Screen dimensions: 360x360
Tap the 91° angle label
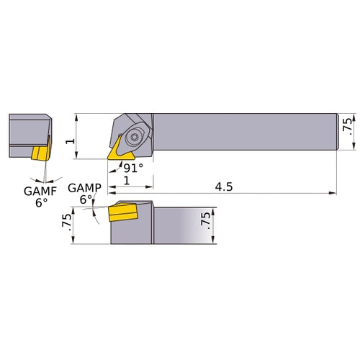132,167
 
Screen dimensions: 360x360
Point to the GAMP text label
84,189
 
